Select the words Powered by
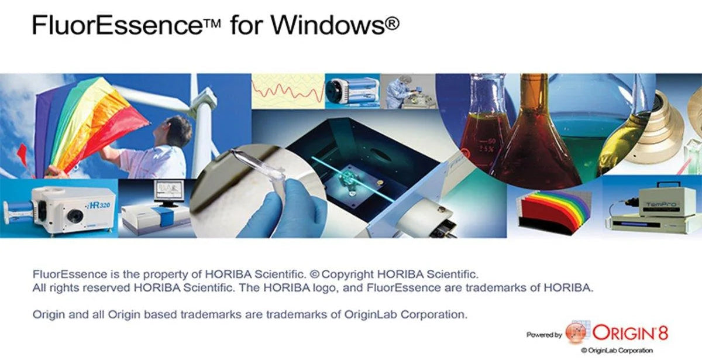click(x=544, y=335)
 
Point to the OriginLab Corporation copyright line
click(x=621, y=351)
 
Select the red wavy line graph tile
click(x=288, y=91)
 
